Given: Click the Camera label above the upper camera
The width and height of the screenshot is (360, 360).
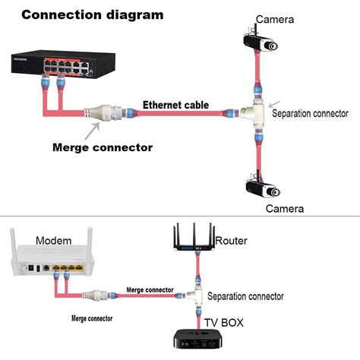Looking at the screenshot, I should pos(276,18).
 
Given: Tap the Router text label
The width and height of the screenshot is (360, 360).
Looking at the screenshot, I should pos(231,241).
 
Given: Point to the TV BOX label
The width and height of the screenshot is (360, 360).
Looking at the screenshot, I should pos(223,321).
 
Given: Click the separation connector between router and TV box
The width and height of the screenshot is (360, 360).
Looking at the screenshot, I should pos(195,295).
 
